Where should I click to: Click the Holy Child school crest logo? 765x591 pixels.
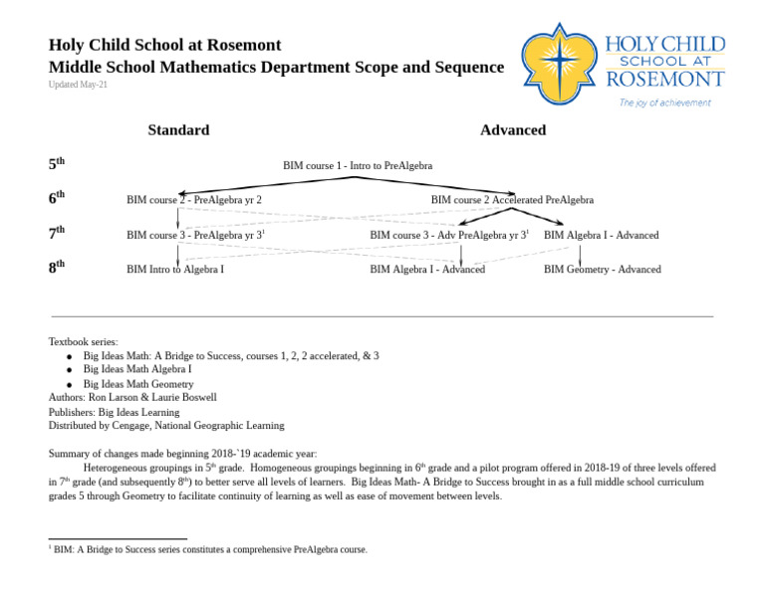(x=560, y=64)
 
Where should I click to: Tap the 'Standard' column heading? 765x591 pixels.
(x=178, y=130)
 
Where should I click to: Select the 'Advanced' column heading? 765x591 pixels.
(x=513, y=130)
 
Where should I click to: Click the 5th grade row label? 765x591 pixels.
(x=57, y=163)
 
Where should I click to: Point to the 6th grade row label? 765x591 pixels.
(x=57, y=198)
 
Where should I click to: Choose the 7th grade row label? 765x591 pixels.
(x=57, y=233)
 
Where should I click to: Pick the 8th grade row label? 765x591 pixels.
(x=57, y=267)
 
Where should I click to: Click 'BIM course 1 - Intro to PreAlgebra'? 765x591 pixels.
(x=358, y=166)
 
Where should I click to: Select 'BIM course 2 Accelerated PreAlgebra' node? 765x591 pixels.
(x=512, y=200)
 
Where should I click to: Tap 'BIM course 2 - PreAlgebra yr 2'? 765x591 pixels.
(x=194, y=200)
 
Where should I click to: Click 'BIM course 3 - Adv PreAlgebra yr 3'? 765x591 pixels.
(x=449, y=236)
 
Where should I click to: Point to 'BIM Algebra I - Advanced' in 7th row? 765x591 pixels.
(x=601, y=236)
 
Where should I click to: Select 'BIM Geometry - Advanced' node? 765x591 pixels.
(x=602, y=270)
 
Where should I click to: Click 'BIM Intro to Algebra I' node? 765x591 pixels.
(x=175, y=270)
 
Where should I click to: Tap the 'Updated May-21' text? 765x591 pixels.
(x=79, y=86)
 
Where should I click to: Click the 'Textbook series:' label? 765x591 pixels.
(x=84, y=341)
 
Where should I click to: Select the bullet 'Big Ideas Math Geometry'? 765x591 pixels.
(x=138, y=384)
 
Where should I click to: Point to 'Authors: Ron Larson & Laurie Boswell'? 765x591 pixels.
(x=132, y=397)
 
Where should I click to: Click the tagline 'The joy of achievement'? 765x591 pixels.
(x=664, y=102)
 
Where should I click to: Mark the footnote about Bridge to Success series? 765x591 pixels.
(x=210, y=549)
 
